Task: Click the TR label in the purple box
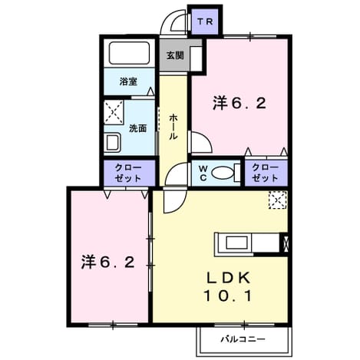point(205,21)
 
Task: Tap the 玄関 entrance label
point(175,55)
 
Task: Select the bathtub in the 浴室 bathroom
point(129,54)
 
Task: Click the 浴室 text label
point(128,81)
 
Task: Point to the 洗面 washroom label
point(137,128)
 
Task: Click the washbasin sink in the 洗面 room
point(113,143)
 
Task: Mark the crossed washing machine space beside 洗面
point(114,112)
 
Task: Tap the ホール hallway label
point(173,127)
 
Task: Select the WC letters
point(203,173)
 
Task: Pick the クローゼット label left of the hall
point(128,173)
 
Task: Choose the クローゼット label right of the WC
point(265,173)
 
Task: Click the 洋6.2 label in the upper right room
point(239,104)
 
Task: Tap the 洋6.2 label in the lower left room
point(108,262)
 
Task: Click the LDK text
point(229,278)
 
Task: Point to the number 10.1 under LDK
point(228,296)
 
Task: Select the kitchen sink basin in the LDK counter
point(236,243)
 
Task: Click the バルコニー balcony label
point(243,339)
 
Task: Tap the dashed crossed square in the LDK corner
point(278,200)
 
